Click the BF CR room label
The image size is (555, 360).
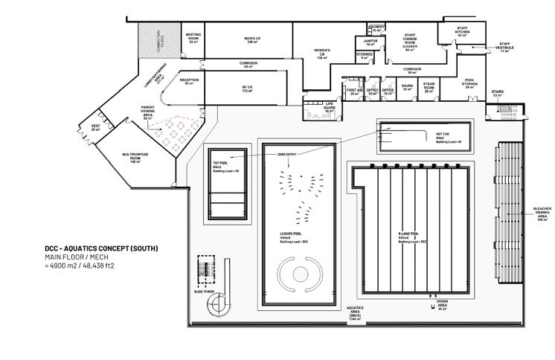tap(248, 89)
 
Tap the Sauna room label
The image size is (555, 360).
tap(407, 88)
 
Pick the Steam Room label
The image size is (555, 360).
tap(429, 88)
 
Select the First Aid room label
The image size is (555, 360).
tap(354, 91)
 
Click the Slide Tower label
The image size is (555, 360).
tap(205, 292)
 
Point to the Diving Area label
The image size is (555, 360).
tap(443, 304)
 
